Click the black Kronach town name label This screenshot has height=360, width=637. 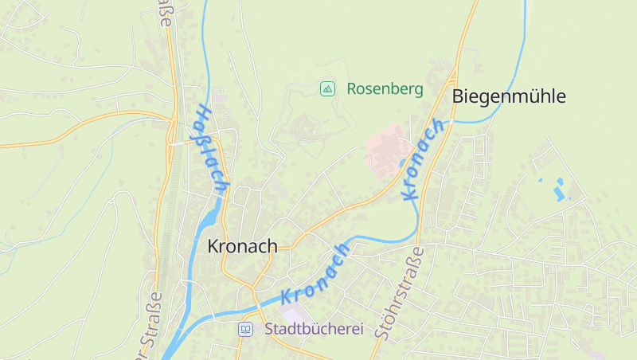pos(242,246)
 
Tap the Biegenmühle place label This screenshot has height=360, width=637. pos(509,96)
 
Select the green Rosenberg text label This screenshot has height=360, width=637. pos(385,88)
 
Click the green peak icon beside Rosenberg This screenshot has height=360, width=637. pos(326,88)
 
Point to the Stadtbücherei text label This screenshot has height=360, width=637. pos(314,328)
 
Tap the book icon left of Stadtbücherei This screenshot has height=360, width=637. pos(246,329)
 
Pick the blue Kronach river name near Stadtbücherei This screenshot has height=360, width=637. pos(315,274)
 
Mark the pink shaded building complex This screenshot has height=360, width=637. pos(388,151)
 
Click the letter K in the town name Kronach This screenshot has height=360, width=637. pos(213,246)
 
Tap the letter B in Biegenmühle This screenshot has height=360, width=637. pos(458,96)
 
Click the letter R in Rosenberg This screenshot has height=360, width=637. pos(351,88)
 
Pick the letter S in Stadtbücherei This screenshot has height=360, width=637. pos(269,328)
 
